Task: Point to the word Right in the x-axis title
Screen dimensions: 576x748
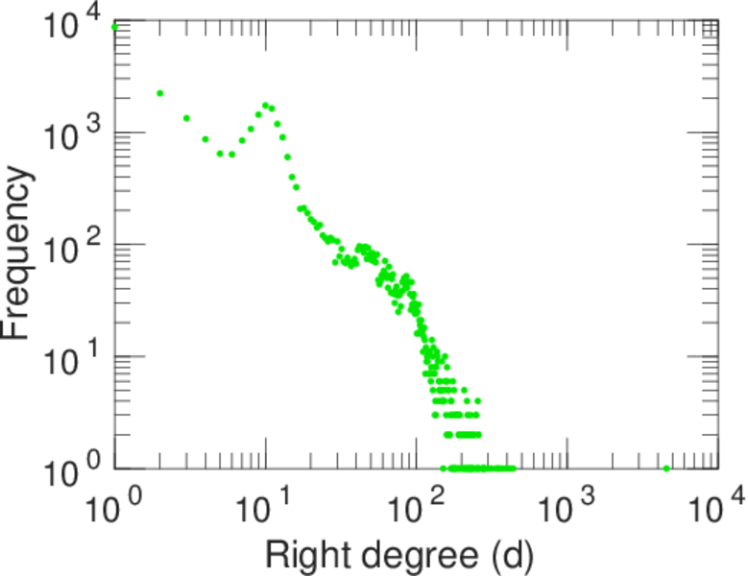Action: coord(301,554)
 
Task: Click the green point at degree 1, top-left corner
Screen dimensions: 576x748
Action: coord(114,27)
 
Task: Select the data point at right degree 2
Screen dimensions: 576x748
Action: coord(159,93)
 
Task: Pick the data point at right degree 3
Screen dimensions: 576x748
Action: coord(186,118)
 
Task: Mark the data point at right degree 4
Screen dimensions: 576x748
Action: coord(205,139)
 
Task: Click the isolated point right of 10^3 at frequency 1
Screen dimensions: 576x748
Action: coord(666,468)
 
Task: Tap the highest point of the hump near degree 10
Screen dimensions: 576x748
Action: coord(265,105)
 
